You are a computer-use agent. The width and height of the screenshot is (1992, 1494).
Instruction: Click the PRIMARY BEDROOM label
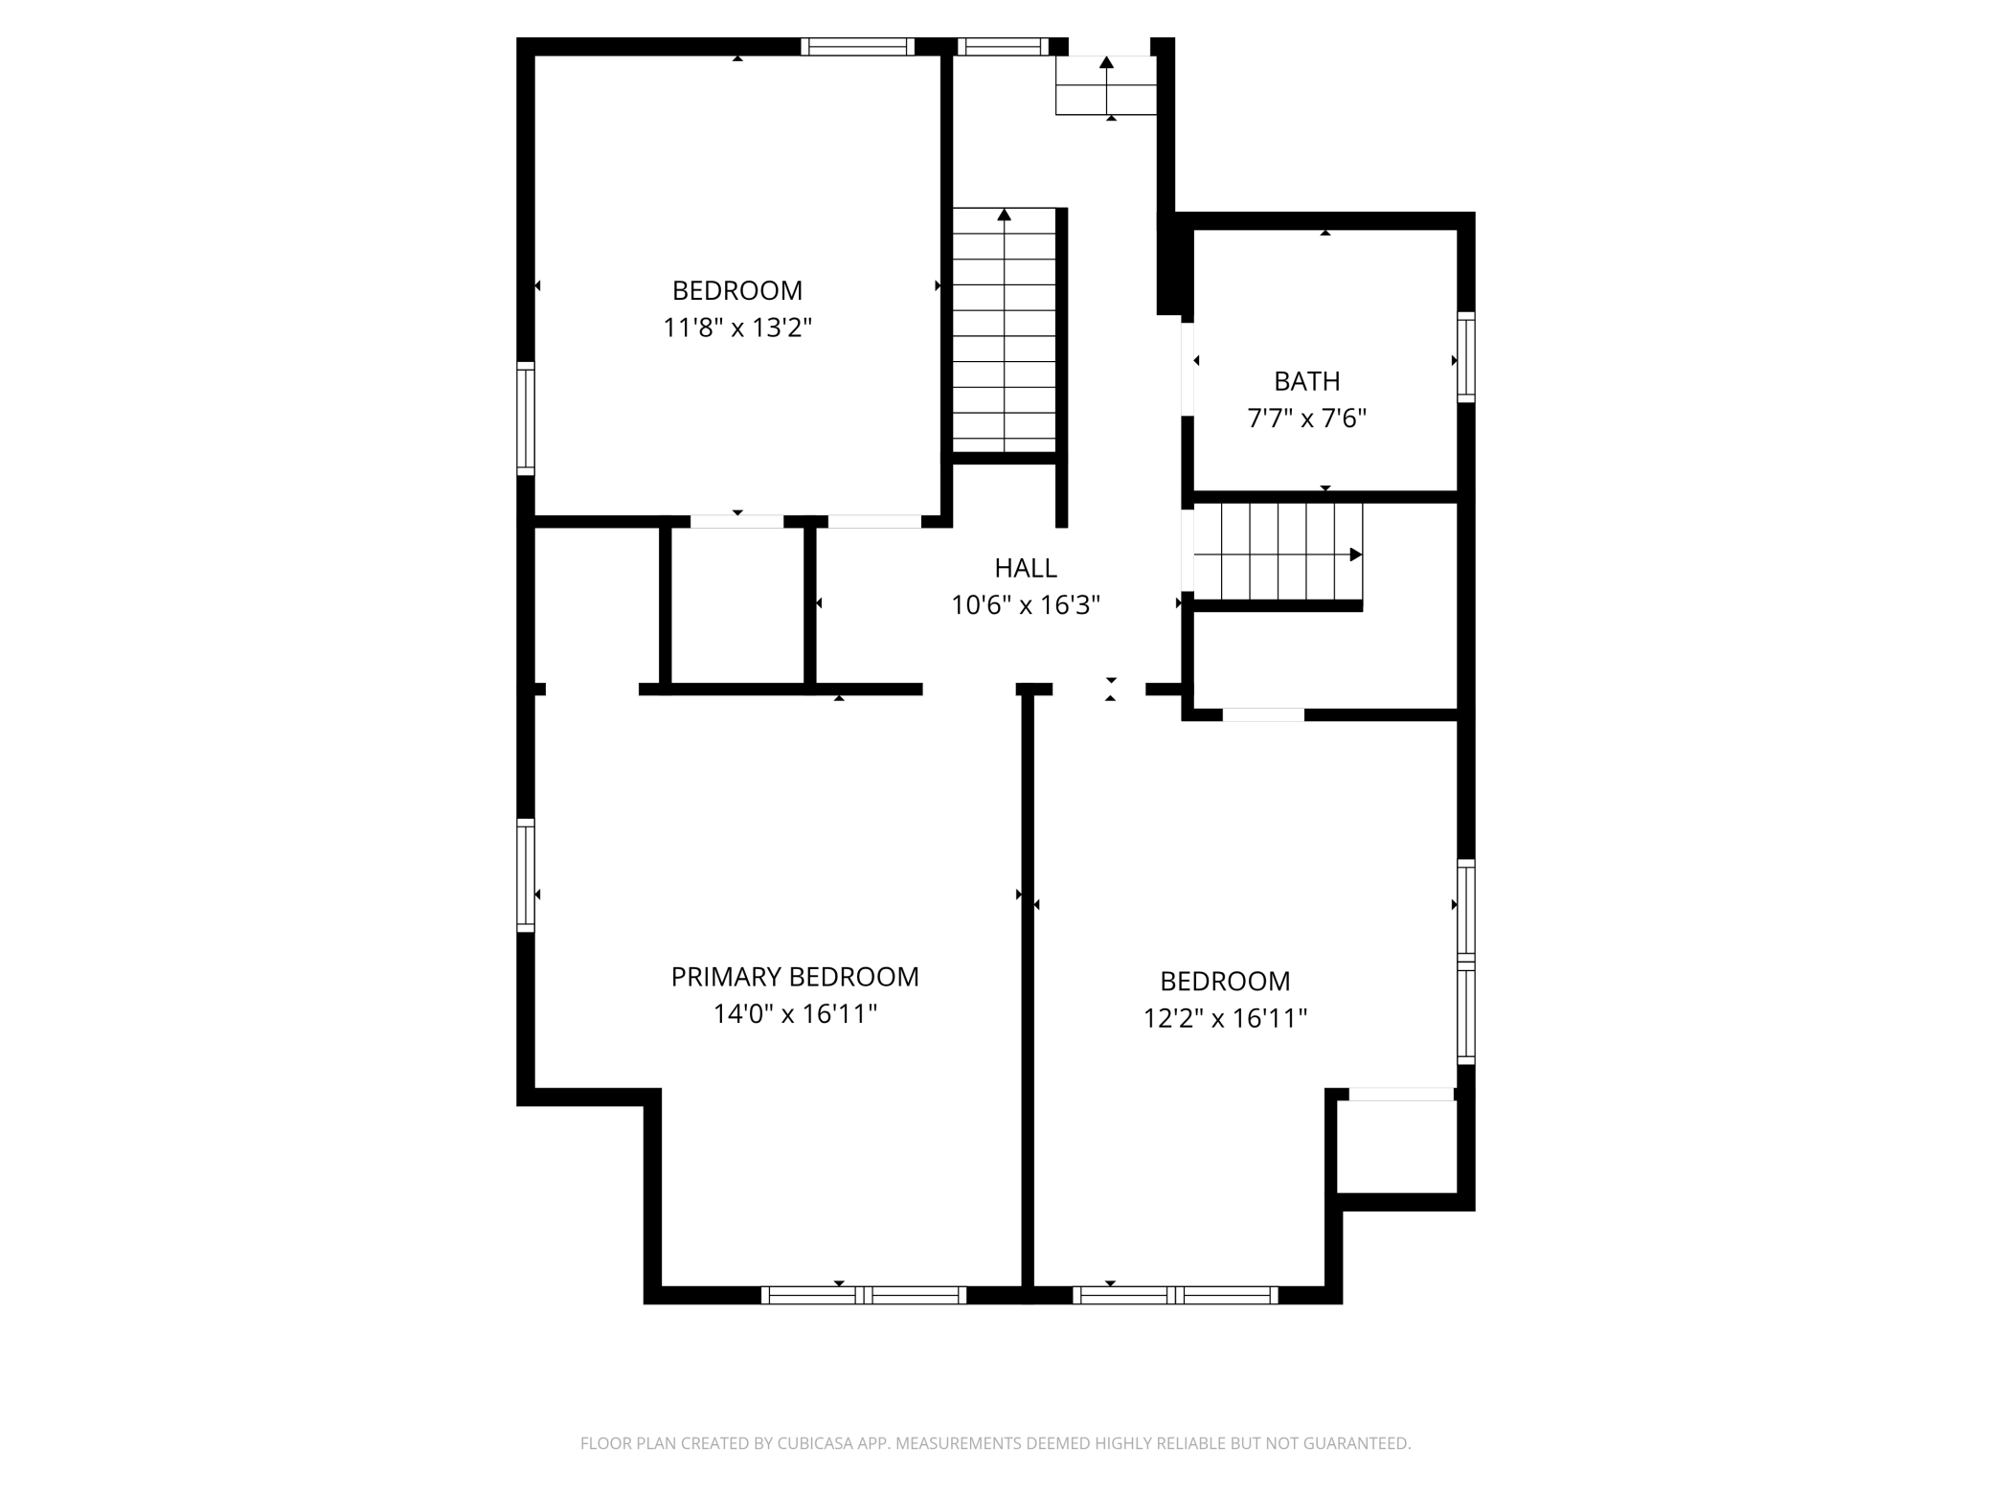click(795, 977)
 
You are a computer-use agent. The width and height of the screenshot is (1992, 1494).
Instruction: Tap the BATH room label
click(1306, 381)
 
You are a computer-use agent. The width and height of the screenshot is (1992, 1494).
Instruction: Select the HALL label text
click(1026, 568)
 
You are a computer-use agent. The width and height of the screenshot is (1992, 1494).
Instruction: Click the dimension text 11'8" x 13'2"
click(737, 328)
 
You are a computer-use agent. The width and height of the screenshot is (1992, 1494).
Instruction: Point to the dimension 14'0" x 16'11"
click(795, 1013)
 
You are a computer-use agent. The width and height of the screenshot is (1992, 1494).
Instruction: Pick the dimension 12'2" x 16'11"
click(1225, 1017)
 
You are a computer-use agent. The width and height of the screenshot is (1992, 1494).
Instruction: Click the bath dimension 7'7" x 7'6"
click(1306, 418)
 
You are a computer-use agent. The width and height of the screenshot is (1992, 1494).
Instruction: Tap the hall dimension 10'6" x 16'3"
click(1026, 604)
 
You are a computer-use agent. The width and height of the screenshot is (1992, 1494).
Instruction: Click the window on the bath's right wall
click(1466, 356)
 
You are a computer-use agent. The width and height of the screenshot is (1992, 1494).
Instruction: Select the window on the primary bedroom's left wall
click(526, 875)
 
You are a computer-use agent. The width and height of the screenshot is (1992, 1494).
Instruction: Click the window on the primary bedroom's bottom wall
click(864, 1295)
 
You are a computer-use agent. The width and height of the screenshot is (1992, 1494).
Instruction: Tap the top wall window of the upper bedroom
click(857, 47)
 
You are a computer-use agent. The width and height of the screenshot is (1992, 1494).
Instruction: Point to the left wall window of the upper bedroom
click(526, 419)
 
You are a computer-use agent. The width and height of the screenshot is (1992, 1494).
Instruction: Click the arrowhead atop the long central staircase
click(1005, 215)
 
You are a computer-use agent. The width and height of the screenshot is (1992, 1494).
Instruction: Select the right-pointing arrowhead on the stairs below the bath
click(1356, 555)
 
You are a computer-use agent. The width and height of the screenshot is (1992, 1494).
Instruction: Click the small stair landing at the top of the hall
click(1106, 85)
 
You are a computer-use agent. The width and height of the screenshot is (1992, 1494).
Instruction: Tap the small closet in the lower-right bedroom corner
click(1397, 1146)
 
